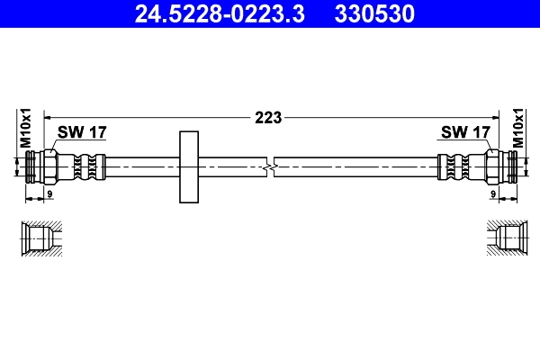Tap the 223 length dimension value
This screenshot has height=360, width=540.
[x=269, y=116]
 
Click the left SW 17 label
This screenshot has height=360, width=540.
[x=82, y=132]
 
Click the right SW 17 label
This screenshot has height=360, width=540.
[x=465, y=132]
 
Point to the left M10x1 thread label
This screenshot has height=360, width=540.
[x=26, y=129]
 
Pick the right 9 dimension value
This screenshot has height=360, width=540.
[x=493, y=193]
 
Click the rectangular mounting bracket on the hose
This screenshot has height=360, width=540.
[x=189, y=167]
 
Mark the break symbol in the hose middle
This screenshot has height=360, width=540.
[x=270, y=166]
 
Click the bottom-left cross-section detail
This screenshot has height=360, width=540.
[x=40, y=238]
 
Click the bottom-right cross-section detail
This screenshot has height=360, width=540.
[x=503, y=238]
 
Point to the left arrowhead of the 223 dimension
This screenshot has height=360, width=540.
[x=48, y=116]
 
